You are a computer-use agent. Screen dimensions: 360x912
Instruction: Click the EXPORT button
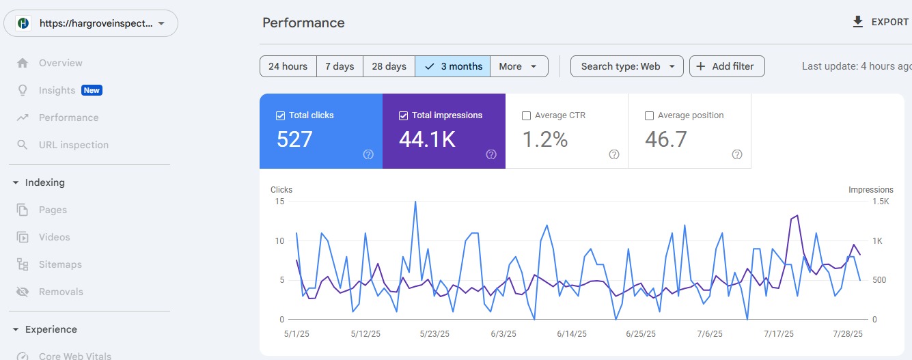881,22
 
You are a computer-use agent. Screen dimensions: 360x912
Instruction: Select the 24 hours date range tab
288,66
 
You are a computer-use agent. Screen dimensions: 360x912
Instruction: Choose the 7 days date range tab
340,66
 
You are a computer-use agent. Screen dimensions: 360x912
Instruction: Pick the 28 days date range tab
389,66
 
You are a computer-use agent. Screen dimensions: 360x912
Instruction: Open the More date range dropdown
519,66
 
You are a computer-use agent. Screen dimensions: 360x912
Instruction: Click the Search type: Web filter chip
627,66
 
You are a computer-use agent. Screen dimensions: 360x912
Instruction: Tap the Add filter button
727,66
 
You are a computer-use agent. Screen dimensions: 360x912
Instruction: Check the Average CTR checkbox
526,115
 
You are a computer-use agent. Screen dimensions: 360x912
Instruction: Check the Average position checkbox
649,115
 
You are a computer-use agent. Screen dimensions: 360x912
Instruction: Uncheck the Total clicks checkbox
280,115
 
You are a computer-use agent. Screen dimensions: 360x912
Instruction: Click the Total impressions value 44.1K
427,139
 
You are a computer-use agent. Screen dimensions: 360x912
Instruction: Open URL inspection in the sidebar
73,145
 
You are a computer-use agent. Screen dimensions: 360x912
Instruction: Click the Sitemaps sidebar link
60,264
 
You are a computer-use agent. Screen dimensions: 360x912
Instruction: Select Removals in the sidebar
61,292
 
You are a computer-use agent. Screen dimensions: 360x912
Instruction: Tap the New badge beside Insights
92,90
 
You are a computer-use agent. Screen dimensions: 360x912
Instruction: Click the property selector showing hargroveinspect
91,23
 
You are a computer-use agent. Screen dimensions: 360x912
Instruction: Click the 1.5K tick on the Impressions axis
881,202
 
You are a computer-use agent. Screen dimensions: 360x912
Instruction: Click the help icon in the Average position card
737,154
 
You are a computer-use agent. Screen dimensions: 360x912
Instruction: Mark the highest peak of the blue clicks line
415,202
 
